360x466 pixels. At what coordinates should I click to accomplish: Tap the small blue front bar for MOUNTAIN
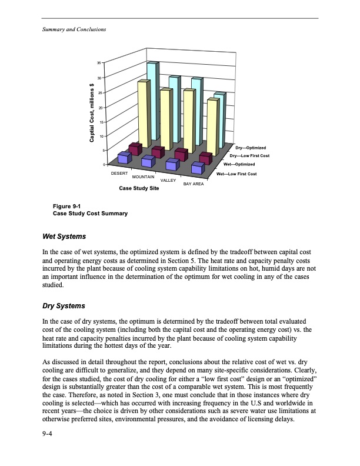pyautogui.click(x=148, y=161)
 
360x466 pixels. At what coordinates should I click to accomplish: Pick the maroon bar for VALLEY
pyautogui.click(x=181, y=154)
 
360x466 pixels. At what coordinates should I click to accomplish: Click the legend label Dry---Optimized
pyautogui.click(x=251, y=147)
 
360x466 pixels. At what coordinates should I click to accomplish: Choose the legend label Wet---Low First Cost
pyautogui.click(x=236, y=174)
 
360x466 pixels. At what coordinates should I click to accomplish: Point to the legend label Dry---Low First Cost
pyautogui.click(x=249, y=155)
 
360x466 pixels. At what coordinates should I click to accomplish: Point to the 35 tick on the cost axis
pyautogui.click(x=99, y=63)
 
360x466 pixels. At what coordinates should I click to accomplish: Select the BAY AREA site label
pyautogui.click(x=193, y=184)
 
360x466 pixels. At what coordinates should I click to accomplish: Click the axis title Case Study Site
pyautogui.click(x=138, y=188)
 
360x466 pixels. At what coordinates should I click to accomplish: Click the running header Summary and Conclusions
pyautogui.click(x=74, y=29)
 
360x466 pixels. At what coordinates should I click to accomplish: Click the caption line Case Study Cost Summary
pyautogui.click(x=90, y=214)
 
